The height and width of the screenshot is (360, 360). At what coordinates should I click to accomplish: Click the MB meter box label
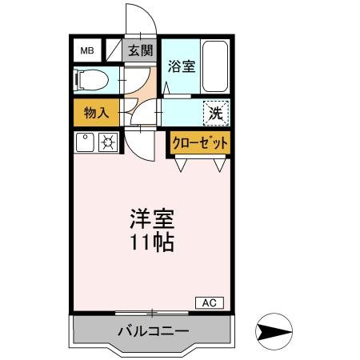pos(86,51)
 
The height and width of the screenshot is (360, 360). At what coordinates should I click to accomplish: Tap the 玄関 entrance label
pos(141,51)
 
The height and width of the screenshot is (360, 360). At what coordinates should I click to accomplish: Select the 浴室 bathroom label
pos(182,67)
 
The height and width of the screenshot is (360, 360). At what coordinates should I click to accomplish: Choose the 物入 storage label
pos(97,113)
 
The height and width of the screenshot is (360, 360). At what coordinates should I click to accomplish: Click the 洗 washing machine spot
pos(215,114)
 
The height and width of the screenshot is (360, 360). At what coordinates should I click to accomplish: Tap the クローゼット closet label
pos(200,142)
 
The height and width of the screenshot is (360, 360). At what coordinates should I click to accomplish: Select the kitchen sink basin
pos(86,143)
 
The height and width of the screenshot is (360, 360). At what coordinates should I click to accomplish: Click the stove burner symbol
pos(107,143)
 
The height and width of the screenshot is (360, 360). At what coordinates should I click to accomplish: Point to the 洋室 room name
pos(152,218)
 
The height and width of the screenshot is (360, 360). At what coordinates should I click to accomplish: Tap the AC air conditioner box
pos(210,302)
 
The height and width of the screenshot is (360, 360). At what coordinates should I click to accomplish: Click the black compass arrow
pos(274,330)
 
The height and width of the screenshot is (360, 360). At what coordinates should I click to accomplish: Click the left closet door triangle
pos(183,165)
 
